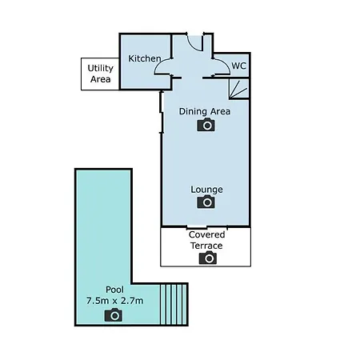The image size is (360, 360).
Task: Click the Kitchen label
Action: tap(145, 58)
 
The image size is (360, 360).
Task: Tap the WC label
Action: tap(238, 66)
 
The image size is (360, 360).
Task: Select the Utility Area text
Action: tap(100, 74)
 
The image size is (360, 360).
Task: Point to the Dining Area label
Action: tap(205, 111)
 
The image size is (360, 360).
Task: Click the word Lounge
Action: tap(206, 190)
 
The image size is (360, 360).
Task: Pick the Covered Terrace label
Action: tap(206, 240)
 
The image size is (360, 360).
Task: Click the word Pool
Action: tap(114, 290)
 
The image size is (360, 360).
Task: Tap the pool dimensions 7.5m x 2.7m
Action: tap(114, 301)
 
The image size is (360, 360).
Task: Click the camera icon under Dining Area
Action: tap(206, 125)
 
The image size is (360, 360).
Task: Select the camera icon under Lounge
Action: tap(206, 202)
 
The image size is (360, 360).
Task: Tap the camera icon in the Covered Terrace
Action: tap(208, 258)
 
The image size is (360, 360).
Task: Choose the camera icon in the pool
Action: tap(114, 314)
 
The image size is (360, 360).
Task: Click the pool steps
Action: tap(174, 304)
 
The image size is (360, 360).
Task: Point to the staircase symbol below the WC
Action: tap(238, 89)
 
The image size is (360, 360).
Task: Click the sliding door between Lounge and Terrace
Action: tap(206, 227)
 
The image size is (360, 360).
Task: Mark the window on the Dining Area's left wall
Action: tap(161, 112)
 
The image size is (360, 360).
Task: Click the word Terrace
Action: tap(206, 246)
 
